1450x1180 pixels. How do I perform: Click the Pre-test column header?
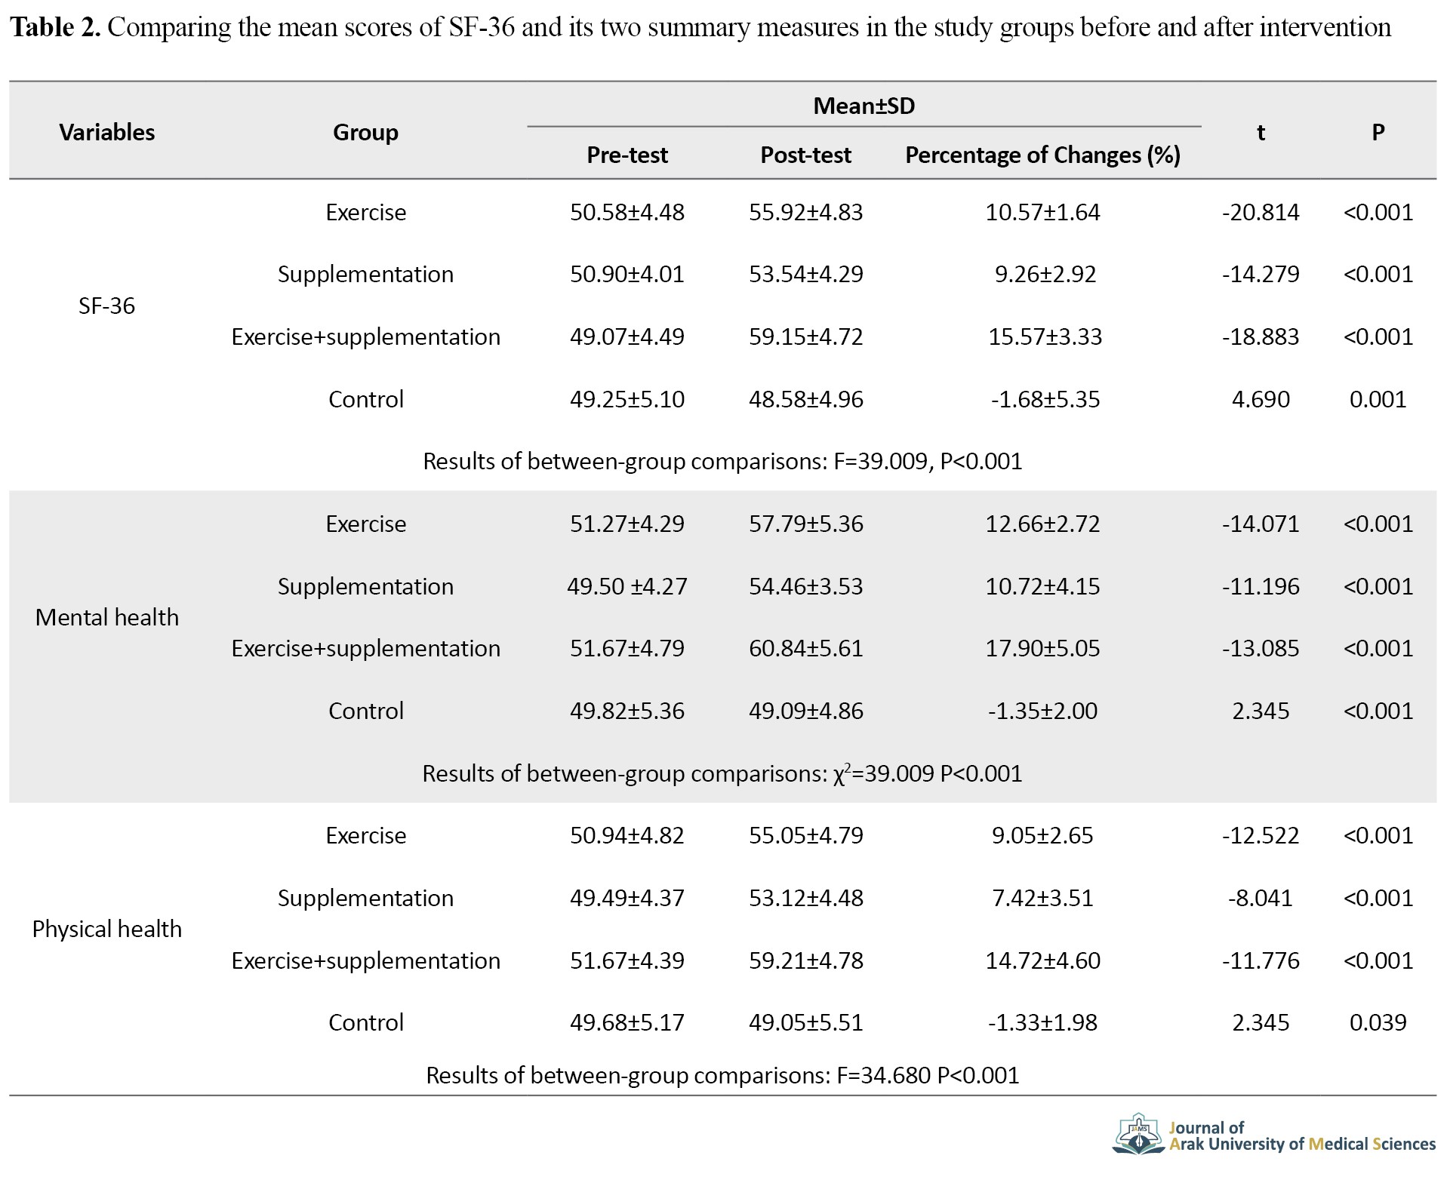[627, 155]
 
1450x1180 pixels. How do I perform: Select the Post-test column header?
[805, 155]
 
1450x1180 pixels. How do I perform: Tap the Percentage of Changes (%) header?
[1042, 155]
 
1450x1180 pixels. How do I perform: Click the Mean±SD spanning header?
[864, 106]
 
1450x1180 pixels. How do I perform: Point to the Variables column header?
[107, 132]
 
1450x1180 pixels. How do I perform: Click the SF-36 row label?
[106, 306]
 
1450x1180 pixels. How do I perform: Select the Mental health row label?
[106, 617]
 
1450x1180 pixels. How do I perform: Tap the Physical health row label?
[106, 929]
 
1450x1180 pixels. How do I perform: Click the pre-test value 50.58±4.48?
[627, 212]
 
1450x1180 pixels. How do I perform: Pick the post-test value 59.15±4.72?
[805, 336]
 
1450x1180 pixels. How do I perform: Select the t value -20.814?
[1261, 212]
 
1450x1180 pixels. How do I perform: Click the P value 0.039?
[1378, 1022]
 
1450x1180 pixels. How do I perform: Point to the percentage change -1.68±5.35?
[1045, 399]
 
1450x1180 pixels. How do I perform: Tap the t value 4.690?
[1261, 399]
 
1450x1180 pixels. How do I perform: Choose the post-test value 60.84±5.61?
[805, 648]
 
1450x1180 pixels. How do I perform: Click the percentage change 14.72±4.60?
[1042, 960]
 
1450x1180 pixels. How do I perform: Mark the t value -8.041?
[1261, 898]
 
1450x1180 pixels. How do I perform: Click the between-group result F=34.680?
[883, 1075]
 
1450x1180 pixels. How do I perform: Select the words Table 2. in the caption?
[56, 28]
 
